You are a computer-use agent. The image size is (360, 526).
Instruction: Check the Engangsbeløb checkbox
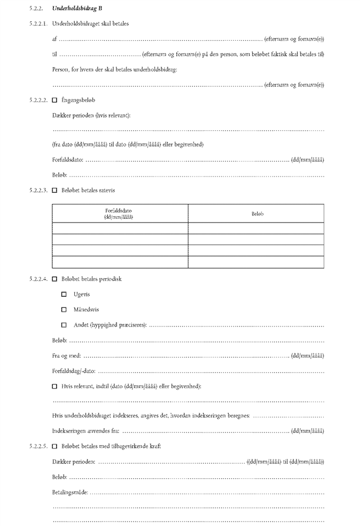pos(54,100)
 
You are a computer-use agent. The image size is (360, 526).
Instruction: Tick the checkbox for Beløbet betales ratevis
pos(54,190)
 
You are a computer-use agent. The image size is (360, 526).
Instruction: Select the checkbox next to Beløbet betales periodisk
pos(54,279)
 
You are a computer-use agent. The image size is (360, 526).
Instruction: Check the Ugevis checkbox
pos(64,295)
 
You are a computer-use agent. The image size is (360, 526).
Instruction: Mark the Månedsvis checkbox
pos(64,310)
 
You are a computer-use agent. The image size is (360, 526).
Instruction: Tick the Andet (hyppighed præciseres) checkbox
pos(64,325)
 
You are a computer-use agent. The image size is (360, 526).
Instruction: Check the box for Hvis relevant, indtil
pos(54,386)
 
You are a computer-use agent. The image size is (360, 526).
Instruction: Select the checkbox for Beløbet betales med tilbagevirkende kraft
pos(54,446)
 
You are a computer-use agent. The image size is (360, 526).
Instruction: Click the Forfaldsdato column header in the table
pos(119,213)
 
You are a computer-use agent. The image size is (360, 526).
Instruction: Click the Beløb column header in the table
pos(256,213)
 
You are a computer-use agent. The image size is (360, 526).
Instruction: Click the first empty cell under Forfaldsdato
pos(119,228)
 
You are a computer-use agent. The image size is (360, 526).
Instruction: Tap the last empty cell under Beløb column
pos(256,262)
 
